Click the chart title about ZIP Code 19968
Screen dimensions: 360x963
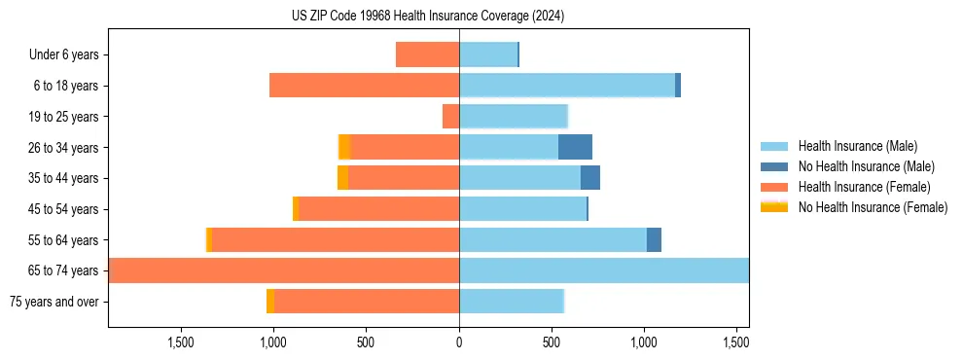click(x=428, y=17)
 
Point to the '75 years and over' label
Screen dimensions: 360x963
click(x=54, y=302)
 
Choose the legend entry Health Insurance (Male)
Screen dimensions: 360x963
click(x=857, y=146)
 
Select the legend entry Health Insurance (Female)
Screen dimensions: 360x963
click(x=864, y=187)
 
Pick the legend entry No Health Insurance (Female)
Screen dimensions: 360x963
click(x=873, y=207)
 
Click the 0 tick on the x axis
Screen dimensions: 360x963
click(x=459, y=342)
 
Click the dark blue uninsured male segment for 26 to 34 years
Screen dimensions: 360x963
click(x=575, y=147)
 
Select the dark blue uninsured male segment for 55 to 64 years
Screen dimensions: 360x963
click(x=654, y=239)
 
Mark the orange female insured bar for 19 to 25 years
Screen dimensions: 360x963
click(x=450, y=117)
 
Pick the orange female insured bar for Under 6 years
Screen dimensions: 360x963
click(x=427, y=54)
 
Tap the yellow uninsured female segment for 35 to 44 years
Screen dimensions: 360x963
click(x=342, y=178)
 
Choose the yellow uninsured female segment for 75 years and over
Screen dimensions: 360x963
click(x=269, y=302)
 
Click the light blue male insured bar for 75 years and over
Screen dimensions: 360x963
click(x=511, y=302)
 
